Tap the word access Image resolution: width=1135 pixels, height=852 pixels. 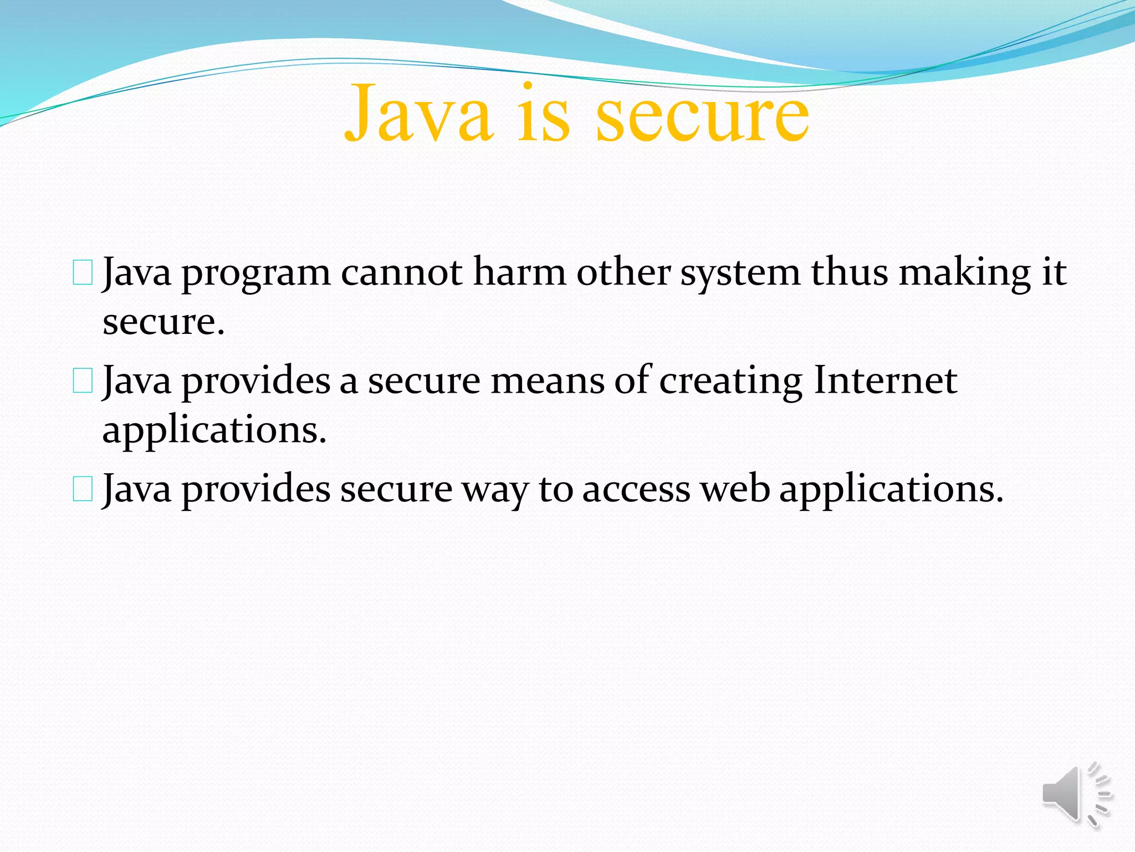[x=636, y=490]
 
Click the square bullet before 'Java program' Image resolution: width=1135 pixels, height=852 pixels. [x=83, y=274]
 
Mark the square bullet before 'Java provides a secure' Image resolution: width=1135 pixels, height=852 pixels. [x=83, y=382]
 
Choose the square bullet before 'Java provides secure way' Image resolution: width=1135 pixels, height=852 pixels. [x=83, y=490]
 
